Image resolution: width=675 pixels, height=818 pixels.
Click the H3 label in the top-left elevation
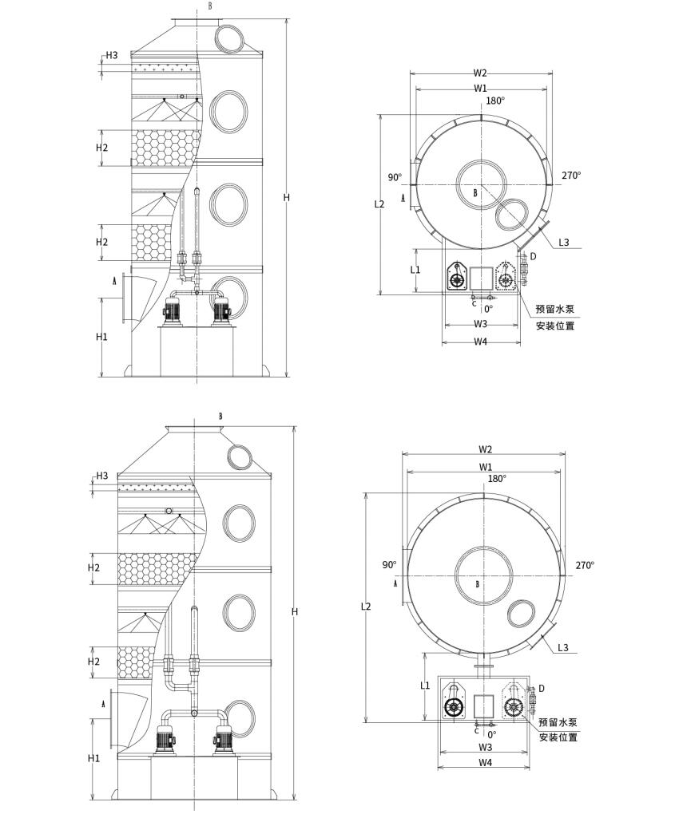(111, 55)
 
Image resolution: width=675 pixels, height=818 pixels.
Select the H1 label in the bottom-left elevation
(94, 758)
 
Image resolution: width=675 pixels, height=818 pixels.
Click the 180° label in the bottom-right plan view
(497, 479)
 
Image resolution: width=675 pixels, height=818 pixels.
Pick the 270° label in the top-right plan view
(571, 176)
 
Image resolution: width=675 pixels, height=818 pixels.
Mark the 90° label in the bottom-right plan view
(389, 565)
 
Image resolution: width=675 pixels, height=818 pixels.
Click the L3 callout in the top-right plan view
(564, 243)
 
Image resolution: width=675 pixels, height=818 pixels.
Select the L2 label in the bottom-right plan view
(366, 607)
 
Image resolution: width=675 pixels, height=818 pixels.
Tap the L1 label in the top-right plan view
(415, 270)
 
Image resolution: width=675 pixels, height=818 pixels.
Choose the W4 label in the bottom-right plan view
(485, 763)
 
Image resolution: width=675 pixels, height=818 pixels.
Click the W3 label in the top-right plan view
(480, 324)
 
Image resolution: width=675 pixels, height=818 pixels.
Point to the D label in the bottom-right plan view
(542, 688)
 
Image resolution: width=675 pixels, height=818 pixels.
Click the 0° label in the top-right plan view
(488, 308)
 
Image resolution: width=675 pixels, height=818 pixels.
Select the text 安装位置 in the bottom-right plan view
(558, 737)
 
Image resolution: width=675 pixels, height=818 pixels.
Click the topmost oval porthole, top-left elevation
(228, 38)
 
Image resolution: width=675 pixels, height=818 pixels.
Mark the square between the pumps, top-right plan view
(481, 279)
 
